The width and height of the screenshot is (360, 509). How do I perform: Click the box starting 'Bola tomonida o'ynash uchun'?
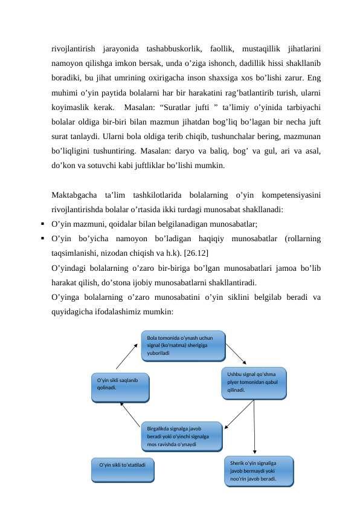point(183,345)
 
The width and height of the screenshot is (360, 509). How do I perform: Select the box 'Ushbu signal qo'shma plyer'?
point(254,382)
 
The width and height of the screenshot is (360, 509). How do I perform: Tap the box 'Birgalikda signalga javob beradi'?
point(182,436)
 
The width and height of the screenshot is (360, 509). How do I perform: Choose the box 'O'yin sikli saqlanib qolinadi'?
point(120,387)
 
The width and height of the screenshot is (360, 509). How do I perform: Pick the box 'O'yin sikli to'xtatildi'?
point(123,469)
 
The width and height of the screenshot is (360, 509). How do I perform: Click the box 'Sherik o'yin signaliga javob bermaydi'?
point(259,470)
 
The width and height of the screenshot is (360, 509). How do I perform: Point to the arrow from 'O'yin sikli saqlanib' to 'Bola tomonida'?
point(126,357)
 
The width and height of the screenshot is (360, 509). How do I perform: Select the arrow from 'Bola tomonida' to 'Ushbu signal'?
point(236,354)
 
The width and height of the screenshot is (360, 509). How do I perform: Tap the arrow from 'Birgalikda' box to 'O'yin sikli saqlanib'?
point(131,413)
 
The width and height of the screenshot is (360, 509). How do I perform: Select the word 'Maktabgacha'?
point(75,195)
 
